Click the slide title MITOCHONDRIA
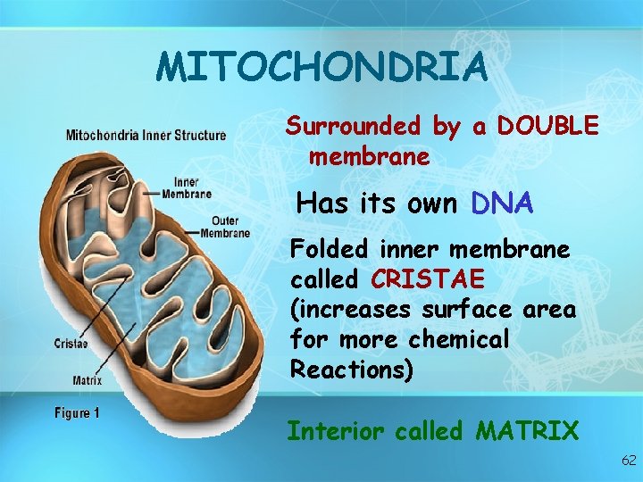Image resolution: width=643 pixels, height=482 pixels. click(x=321, y=68)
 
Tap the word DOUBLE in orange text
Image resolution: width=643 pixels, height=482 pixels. click(x=547, y=127)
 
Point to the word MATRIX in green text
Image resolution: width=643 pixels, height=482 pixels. click(x=527, y=432)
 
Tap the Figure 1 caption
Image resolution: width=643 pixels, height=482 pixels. click(x=77, y=413)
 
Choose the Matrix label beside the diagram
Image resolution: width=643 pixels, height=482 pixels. click(x=87, y=380)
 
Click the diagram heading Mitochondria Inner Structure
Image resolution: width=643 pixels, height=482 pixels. click(x=146, y=136)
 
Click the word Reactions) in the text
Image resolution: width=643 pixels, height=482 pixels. click(x=352, y=370)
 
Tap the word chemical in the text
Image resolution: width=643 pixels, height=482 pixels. click(x=458, y=340)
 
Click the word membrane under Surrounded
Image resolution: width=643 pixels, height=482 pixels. click(x=369, y=158)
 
